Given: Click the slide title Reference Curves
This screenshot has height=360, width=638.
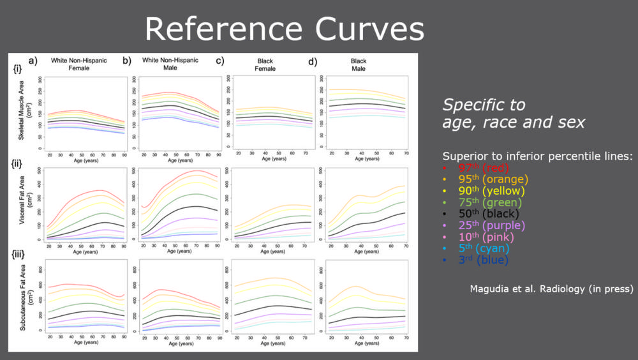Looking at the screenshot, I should pyautogui.click(x=284, y=29).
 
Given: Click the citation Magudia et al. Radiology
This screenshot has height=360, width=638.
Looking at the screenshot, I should pyautogui.click(x=551, y=288).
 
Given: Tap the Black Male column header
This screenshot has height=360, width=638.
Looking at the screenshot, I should pyautogui.click(x=358, y=64).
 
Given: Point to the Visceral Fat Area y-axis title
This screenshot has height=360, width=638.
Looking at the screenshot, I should pyautogui.click(x=22, y=204).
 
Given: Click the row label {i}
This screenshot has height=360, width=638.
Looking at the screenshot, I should pyautogui.click(x=17, y=71).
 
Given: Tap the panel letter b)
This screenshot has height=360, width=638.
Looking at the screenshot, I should pyautogui.click(x=127, y=61).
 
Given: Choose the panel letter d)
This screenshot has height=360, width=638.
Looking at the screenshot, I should pyautogui.click(x=312, y=62).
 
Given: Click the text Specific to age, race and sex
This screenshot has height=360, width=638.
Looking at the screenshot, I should pyautogui.click(x=514, y=113).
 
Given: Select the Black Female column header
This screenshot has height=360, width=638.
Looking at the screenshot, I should pyautogui.click(x=265, y=64).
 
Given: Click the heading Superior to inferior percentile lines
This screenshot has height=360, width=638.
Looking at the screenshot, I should pyautogui.click(x=537, y=156).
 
